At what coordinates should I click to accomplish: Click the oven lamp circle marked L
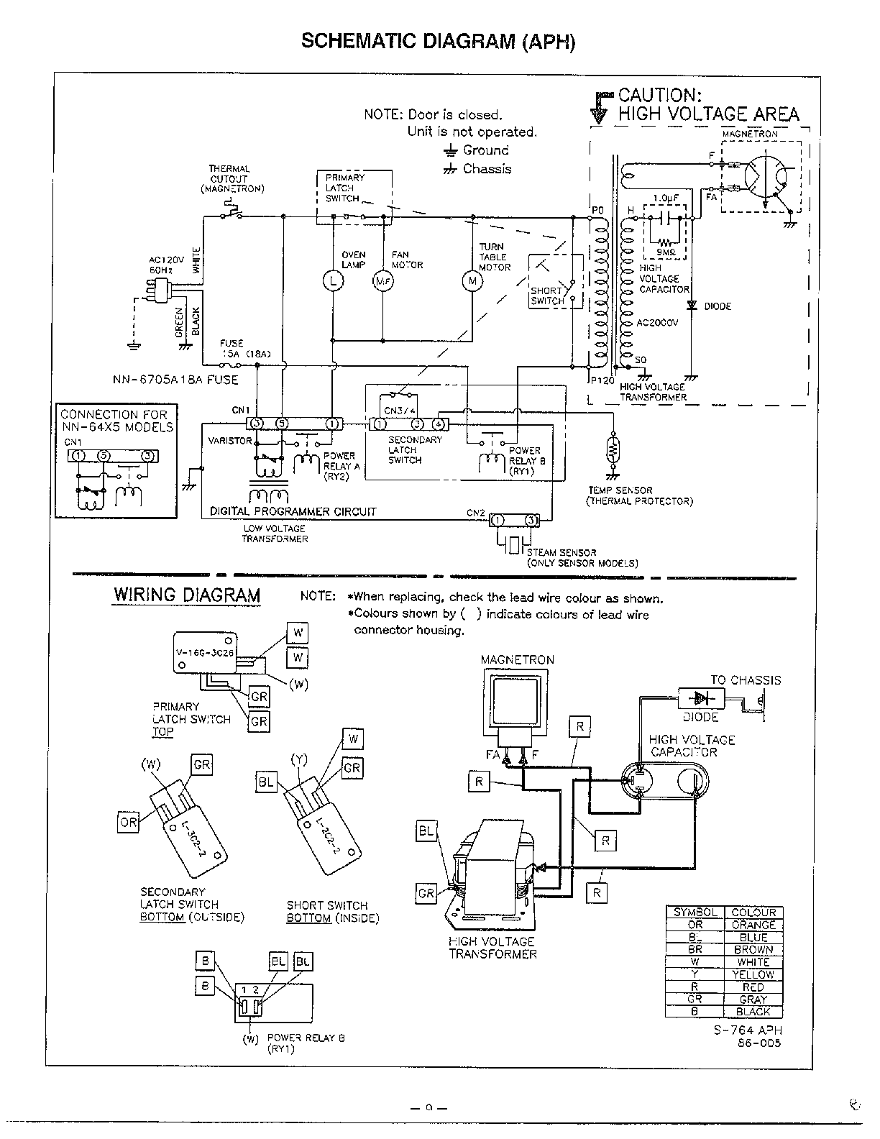click(x=333, y=281)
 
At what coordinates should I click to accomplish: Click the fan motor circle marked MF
click(x=382, y=282)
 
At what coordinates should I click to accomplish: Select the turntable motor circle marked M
click(x=472, y=281)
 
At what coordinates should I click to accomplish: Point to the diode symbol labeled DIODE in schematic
click(x=692, y=306)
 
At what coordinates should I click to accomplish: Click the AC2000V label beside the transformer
click(x=657, y=323)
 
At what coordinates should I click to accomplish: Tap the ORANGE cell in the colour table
click(x=753, y=925)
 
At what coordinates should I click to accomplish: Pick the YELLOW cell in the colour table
click(x=753, y=974)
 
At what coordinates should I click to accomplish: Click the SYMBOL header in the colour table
click(x=695, y=912)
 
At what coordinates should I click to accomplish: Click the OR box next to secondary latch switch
click(x=128, y=822)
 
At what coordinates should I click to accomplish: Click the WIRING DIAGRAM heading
click(x=187, y=595)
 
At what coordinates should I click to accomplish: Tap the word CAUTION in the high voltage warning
click(x=659, y=96)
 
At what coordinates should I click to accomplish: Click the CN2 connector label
click(x=476, y=513)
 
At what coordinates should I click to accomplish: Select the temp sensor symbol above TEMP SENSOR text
click(x=613, y=449)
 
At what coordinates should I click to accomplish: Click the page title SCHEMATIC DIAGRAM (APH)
click(x=439, y=41)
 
